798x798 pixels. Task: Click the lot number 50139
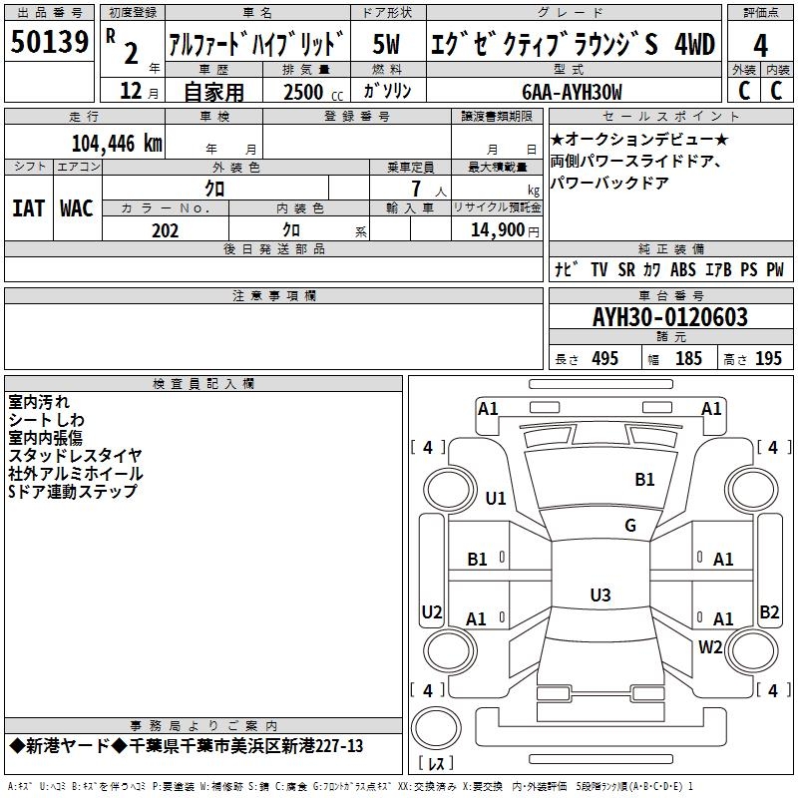(49, 42)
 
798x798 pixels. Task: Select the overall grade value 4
(760, 46)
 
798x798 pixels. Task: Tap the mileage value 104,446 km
(117, 144)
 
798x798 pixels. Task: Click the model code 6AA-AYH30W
(572, 92)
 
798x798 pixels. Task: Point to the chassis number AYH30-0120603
(670, 317)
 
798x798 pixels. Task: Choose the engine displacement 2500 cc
(313, 92)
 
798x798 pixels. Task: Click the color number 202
(165, 230)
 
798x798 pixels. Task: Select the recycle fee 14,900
(498, 229)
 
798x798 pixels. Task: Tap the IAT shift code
(29, 208)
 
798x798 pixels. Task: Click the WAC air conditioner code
(77, 208)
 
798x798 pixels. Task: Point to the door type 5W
(386, 44)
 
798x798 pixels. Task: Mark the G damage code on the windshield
(630, 525)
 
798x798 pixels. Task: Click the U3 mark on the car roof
(600, 595)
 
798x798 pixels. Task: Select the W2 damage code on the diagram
(710, 646)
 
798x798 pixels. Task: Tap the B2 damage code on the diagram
(769, 611)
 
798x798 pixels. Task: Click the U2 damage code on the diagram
(432, 611)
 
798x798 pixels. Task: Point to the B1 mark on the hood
(644, 479)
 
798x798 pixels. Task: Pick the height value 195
(768, 358)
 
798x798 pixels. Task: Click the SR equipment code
(626, 269)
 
